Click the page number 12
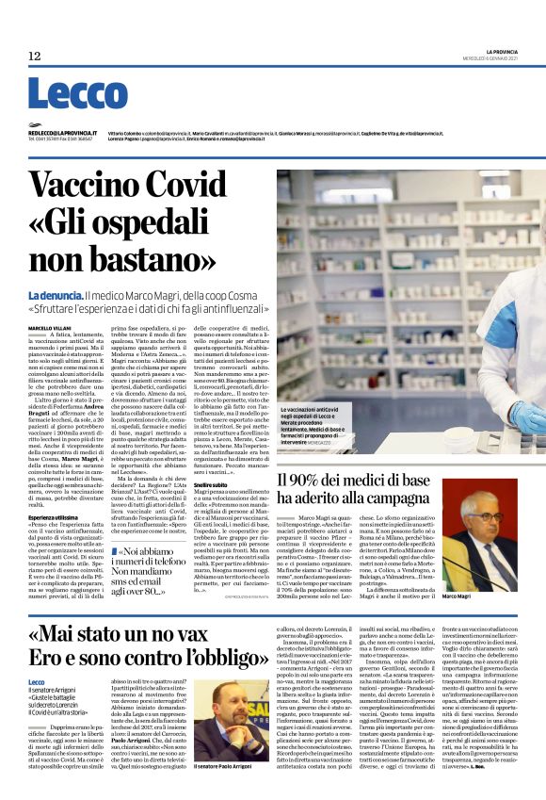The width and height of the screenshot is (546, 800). click(x=35, y=57)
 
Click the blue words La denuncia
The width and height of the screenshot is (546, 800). click(x=55, y=270)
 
